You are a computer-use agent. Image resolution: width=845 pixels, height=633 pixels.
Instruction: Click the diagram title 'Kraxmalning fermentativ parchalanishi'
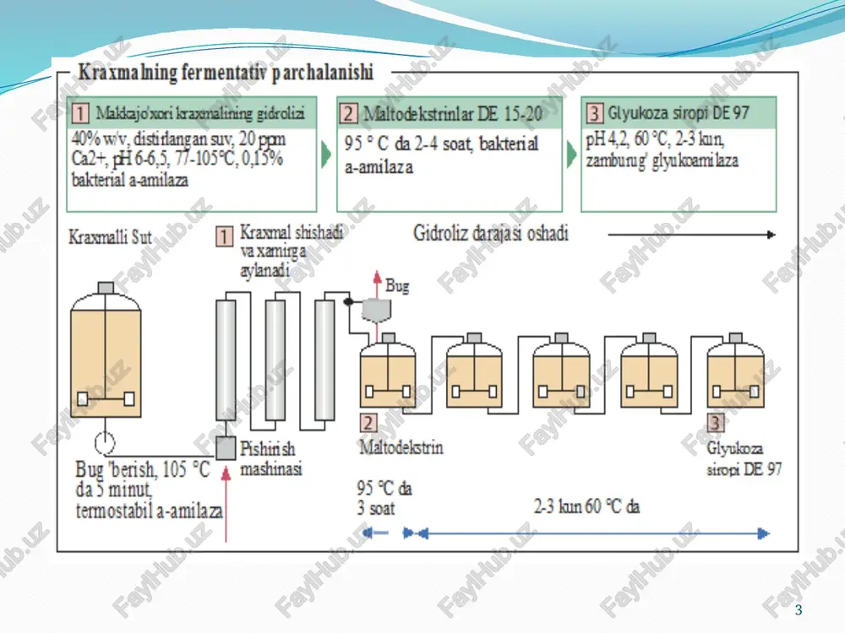click(x=226, y=72)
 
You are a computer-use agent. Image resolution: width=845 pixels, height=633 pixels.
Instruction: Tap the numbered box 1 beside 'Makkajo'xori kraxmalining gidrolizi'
click(x=80, y=113)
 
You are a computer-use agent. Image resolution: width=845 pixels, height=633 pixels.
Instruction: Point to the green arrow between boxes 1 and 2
click(x=326, y=154)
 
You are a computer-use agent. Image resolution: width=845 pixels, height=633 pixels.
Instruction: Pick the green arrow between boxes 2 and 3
click(x=571, y=154)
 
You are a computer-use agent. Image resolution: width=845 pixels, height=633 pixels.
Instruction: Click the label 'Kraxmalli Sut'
click(x=110, y=237)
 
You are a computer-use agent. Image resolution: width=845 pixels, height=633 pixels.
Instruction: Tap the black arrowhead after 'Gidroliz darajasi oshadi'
click(x=771, y=235)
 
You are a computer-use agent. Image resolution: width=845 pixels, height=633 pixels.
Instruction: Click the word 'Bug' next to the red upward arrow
click(x=397, y=286)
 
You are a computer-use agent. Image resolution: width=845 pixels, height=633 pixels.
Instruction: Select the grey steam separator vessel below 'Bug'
click(x=376, y=310)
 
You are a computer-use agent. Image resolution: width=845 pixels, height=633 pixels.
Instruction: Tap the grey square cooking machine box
click(x=226, y=448)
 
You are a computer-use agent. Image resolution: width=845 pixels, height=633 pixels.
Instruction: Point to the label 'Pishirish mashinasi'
click(x=271, y=458)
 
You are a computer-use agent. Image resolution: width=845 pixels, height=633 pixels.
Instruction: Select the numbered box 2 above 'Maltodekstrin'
click(x=368, y=423)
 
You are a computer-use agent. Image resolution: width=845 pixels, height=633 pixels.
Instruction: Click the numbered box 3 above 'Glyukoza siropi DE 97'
click(x=715, y=423)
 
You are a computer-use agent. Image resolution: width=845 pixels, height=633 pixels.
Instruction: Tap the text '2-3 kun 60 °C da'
click(x=586, y=506)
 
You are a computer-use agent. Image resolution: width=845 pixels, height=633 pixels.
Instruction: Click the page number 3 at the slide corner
click(x=799, y=610)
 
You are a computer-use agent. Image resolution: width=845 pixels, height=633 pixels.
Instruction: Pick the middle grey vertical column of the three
click(x=275, y=360)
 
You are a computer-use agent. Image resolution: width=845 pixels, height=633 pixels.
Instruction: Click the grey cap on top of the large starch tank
click(x=106, y=288)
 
